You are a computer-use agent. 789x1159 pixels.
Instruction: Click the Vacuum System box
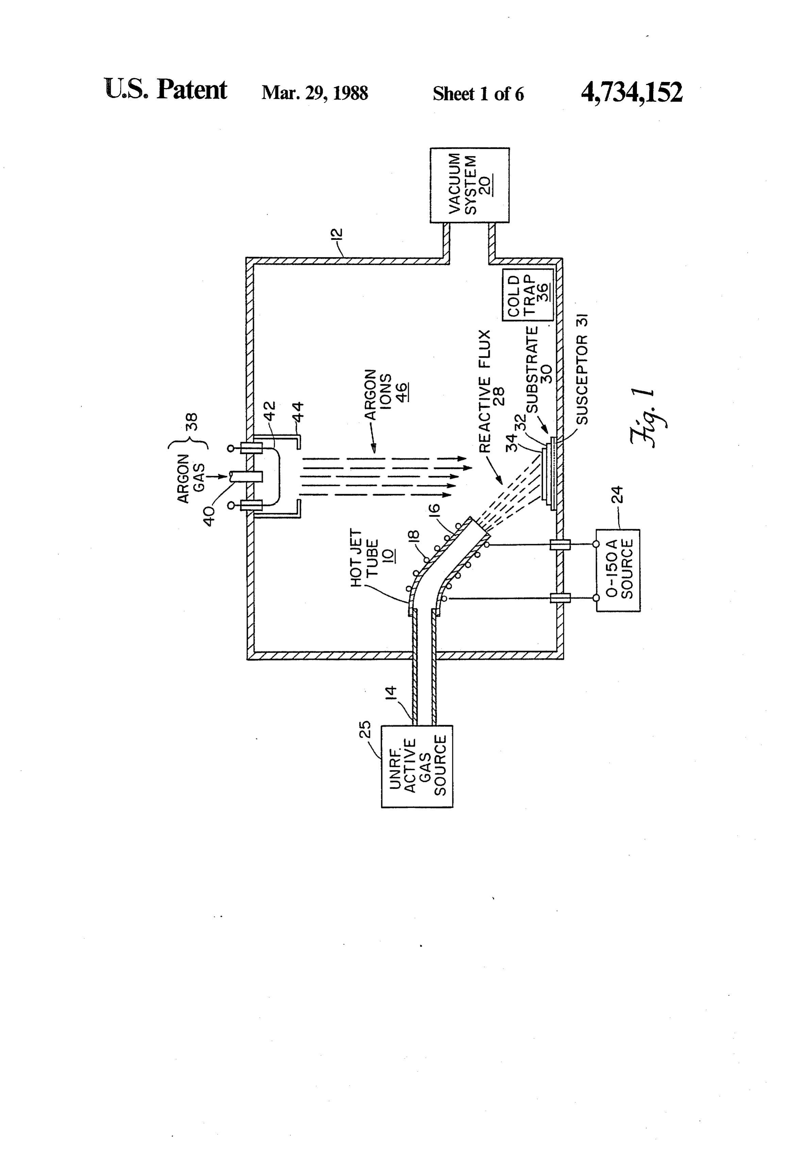pyautogui.click(x=470, y=185)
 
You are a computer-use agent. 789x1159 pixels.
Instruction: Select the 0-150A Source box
pyautogui.click(x=618, y=570)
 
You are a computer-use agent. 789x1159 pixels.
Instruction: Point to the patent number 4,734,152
pyautogui.click(x=632, y=92)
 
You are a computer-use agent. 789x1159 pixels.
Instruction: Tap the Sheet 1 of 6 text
pyautogui.click(x=478, y=94)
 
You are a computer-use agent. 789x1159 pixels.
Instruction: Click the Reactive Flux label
pyautogui.click(x=491, y=391)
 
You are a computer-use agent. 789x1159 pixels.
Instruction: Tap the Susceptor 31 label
pyautogui.click(x=582, y=369)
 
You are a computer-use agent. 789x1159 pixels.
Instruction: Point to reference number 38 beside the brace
pyautogui.click(x=192, y=421)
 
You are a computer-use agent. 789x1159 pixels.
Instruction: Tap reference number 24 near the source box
pyautogui.click(x=618, y=495)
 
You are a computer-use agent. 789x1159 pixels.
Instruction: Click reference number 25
pyautogui.click(x=366, y=729)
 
